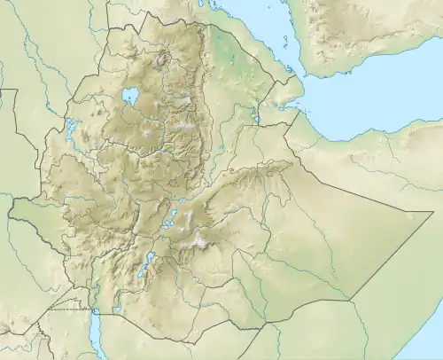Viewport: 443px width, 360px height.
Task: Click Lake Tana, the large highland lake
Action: click(132, 95)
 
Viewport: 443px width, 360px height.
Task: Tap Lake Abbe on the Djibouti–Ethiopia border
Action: click(256, 116)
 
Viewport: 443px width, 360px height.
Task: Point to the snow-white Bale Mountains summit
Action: click(202, 241)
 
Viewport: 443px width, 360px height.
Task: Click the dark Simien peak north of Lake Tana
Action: click(162, 61)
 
